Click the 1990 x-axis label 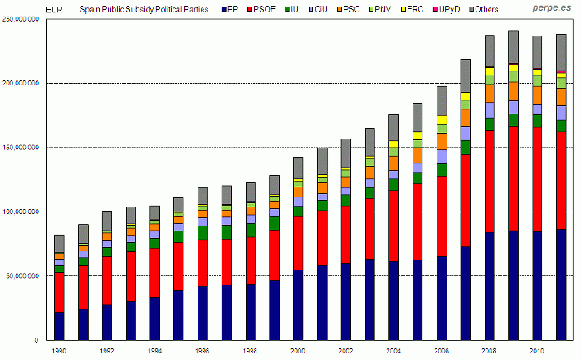tap(60, 351)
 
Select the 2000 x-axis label tap(299, 351)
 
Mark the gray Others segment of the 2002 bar tap(346, 153)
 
